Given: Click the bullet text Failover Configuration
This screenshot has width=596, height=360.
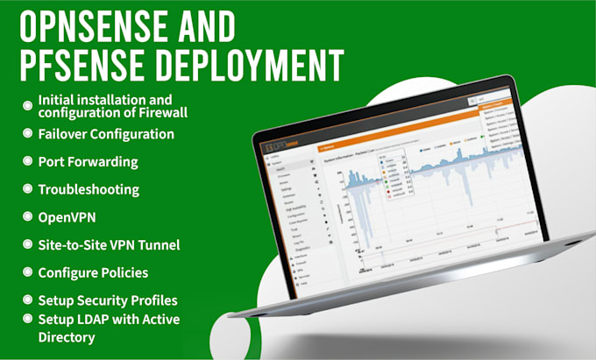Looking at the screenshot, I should (x=106, y=134).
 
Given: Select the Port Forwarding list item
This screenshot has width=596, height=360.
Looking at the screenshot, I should (x=89, y=162).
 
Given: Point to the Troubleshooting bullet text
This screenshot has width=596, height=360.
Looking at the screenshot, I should (x=89, y=189).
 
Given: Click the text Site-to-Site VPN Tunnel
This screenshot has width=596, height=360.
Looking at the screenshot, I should (x=109, y=244).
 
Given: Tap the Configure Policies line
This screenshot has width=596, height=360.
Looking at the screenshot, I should (x=93, y=272).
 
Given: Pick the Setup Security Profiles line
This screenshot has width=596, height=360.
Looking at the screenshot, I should (x=108, y=300).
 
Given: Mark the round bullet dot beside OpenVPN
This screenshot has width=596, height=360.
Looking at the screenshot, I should (x=27, y=216).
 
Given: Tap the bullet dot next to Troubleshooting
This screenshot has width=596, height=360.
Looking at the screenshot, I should (x=27, y=189).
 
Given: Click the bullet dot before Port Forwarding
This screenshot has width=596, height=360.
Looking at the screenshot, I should (x=27, y=162).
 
